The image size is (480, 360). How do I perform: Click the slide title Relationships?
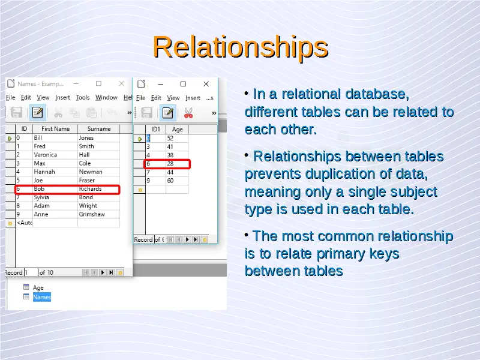click(241, 47)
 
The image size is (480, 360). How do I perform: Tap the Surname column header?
click(99, 129)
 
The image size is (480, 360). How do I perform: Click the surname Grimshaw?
click(92, 214)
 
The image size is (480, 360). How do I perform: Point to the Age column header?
click(177, 130)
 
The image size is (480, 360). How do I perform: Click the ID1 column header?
click(156, 130)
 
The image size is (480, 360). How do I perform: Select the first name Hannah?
click(44, 172)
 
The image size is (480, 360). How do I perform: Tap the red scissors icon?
click(188, 113)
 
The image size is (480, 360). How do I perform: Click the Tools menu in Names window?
click(83, 97)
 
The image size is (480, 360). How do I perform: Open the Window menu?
click(106, 97)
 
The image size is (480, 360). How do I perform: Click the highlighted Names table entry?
click(42, 297)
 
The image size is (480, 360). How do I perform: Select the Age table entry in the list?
click(38, 287)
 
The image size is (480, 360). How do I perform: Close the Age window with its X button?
click(206, 84)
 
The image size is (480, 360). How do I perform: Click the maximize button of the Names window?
click(98, 83)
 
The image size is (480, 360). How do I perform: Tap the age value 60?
click(170, 181)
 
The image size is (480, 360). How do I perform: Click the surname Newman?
click(91, 172)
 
